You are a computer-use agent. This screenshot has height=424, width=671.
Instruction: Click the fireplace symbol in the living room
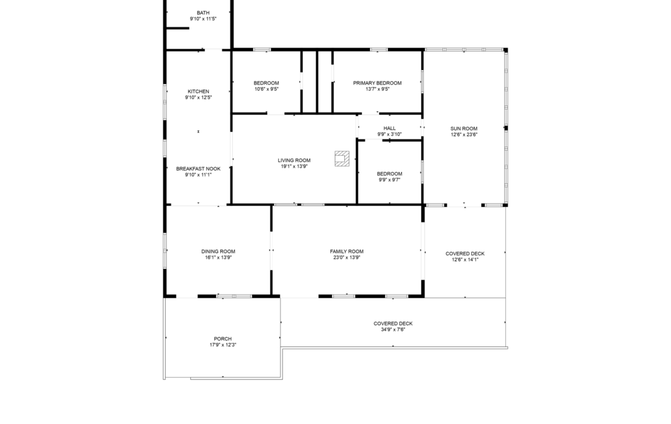click(x=342, y=159)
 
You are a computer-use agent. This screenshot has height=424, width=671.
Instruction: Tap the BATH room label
click(x=203, y=13)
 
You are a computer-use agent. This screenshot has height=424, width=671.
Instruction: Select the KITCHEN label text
click(x=198, y=91)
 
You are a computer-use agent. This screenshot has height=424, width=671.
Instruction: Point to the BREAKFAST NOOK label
click(x=198, y=169)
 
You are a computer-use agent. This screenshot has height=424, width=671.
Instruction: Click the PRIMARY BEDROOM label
click(x=377, y=83)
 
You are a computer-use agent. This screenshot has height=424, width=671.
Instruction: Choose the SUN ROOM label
click(x=464, y=129)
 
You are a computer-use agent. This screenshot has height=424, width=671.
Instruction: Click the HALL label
click(x=389, y=128)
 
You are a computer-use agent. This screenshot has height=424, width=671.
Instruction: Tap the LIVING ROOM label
click(x=294, y=160)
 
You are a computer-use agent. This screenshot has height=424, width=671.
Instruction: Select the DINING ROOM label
click(x=219, y=252)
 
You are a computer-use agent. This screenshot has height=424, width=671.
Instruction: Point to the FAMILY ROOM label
click(x=346, y=252)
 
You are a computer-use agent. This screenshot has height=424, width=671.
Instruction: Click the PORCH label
click(x=223, y=339)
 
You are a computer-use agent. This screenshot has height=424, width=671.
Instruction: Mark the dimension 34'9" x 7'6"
click(x=393, y=330)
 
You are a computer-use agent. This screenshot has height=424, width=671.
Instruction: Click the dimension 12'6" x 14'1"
click(x=465, y=260)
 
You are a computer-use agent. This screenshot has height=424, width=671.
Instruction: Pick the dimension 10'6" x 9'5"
click(x=266, y=89)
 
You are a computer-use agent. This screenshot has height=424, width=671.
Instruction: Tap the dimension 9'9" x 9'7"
click(x=389, y=180)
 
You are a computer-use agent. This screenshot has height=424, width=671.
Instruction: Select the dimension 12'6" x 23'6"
click(x=464, y=134)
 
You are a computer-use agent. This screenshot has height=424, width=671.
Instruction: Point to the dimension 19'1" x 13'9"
click(x=294, y=167)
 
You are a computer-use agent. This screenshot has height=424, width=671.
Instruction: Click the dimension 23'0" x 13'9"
click(x=346, y=257)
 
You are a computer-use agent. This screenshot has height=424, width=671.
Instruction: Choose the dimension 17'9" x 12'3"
click(x=223, y=345)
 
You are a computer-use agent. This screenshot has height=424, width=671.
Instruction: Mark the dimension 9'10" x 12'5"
click(x=198, y=97)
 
